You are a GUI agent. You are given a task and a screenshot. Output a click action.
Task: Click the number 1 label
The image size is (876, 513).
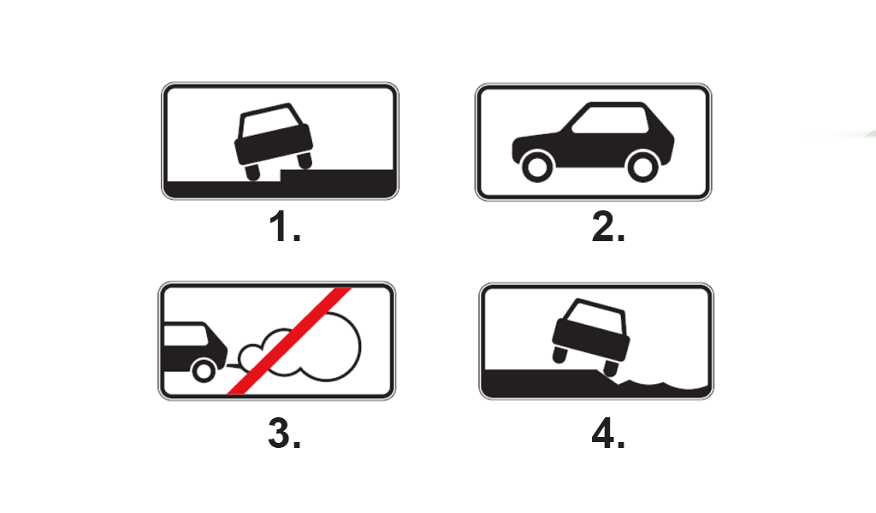284,227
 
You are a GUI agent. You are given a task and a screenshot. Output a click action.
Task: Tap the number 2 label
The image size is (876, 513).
608,227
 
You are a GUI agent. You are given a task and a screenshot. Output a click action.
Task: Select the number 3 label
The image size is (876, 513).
284,433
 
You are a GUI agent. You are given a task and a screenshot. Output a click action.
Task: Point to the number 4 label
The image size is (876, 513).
608,433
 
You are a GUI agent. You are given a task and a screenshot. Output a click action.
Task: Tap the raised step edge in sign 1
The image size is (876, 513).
281,175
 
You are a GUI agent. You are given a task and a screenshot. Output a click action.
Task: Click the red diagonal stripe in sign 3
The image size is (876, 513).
289,341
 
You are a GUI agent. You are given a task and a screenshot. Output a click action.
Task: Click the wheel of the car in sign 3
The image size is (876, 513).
204,370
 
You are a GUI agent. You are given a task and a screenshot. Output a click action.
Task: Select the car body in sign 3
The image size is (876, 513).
194,347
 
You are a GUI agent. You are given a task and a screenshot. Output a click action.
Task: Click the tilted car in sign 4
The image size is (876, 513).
591,337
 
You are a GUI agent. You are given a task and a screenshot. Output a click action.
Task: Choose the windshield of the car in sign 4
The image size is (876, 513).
595,316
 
